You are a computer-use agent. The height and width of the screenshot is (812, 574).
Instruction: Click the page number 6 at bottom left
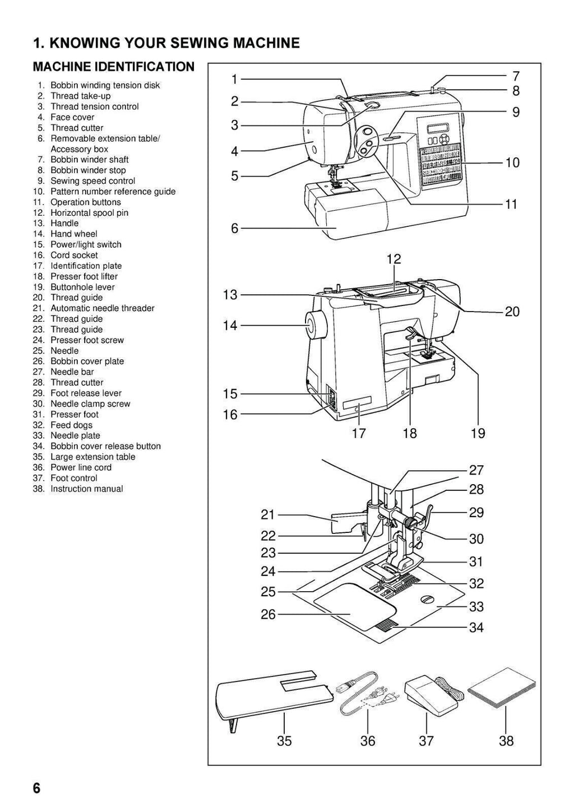click(x=36, y=788)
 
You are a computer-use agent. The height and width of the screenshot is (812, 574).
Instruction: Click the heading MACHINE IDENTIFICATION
click(x=114, y=67)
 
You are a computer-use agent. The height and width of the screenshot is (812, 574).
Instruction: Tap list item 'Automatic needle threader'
click(x=102, y=308)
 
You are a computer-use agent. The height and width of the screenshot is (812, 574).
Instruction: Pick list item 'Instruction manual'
click(x=86, y=489)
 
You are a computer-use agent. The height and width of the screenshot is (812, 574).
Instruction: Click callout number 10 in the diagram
click(x=512, y=163)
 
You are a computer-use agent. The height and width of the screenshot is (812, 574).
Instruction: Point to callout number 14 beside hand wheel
click(x=230, y=325)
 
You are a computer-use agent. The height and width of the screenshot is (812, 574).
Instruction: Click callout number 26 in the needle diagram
click(x=268, y=614)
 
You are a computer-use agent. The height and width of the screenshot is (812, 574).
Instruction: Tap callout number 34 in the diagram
click(x=476, y=627)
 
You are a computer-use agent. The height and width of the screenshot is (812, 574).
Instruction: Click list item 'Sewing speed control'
click(x=92, y=181)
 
